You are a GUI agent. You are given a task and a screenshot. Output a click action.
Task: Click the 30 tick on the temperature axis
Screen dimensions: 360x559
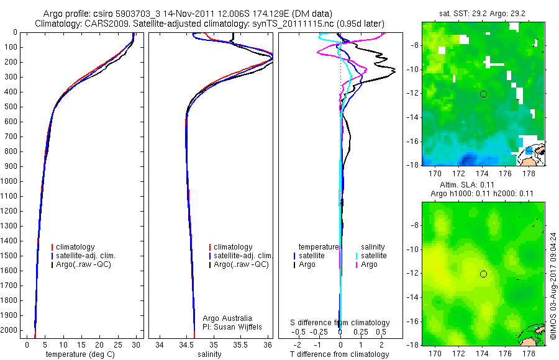137,344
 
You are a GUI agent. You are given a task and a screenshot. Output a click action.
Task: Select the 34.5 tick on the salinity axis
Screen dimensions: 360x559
186,344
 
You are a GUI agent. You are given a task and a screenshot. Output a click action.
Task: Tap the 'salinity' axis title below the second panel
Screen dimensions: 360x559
209,354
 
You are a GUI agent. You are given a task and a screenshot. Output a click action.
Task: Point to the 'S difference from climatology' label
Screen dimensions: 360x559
340,323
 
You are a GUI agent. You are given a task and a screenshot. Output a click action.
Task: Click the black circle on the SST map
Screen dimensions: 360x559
483,94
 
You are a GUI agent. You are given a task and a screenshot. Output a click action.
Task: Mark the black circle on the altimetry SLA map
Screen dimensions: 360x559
483,274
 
